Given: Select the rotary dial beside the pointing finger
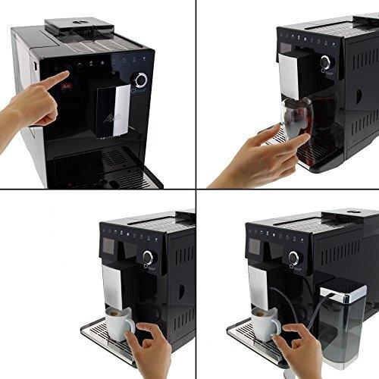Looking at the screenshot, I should [140, 80].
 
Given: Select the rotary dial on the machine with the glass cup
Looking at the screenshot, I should [325, 62].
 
